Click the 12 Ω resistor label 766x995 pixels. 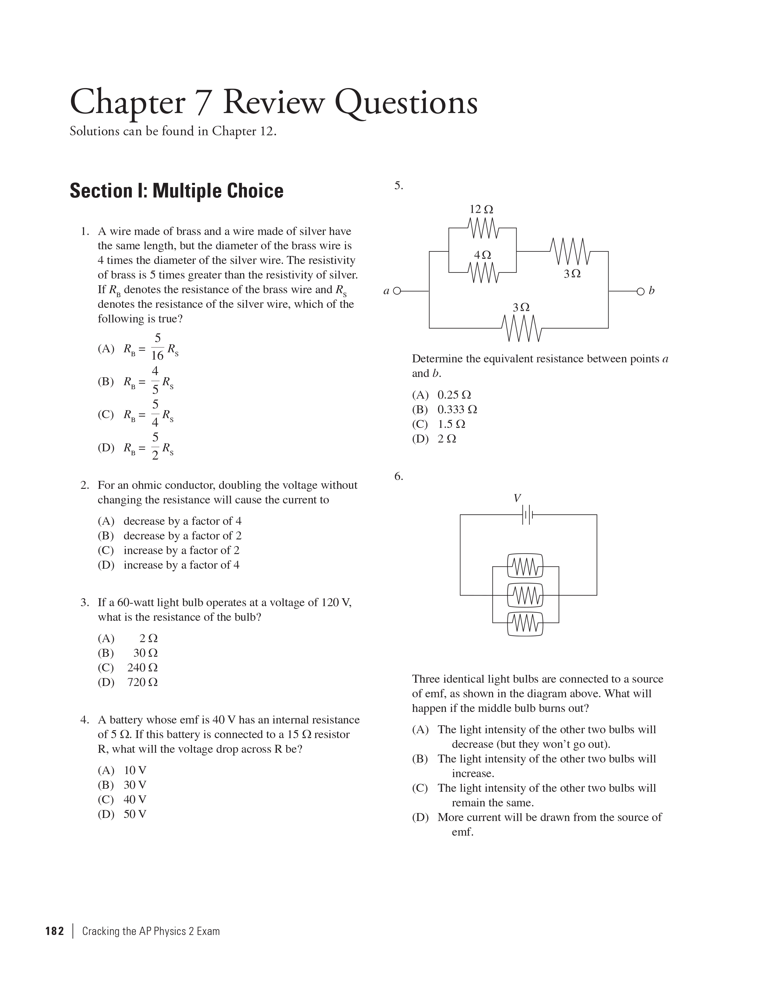481,210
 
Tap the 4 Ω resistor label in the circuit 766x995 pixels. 482,255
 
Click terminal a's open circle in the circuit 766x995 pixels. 397,291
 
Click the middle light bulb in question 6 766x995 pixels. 525,595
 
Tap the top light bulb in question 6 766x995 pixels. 525,567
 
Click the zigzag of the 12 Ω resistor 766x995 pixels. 483,228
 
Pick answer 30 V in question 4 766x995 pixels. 135,785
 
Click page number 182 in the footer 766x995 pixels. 55,931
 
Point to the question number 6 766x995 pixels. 398,477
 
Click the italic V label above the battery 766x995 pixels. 517,498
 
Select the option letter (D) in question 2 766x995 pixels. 106,565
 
